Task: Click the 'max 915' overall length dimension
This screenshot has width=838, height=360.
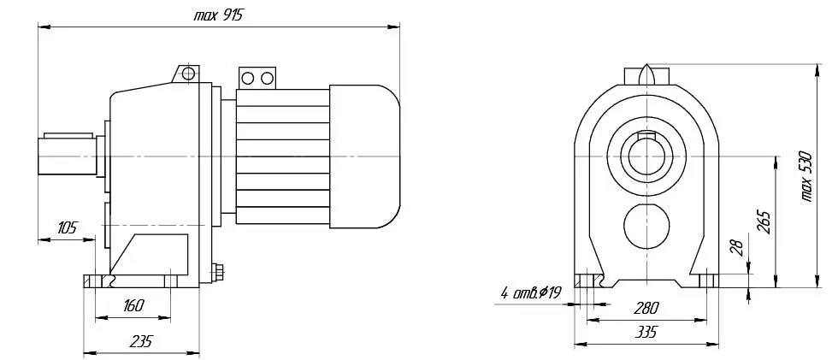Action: pyautogui.click(x=218, y=15)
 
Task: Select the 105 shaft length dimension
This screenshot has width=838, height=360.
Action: pyautogui.click(x=67, y=227)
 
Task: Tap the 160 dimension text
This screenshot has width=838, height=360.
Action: pyautogui.click(x=133, y=305)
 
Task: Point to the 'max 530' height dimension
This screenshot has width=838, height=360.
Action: pyautogui.click(x=807, y=177)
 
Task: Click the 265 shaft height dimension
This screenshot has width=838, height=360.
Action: pyautogui.click(x=764, y=221)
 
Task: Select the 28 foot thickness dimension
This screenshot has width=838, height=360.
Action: pyautogui.click(x=737, y=247)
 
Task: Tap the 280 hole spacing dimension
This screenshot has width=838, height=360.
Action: pyautogui.click(x=646, y=308)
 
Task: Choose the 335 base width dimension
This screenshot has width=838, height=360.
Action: pyautogui.click(x=646, y=333)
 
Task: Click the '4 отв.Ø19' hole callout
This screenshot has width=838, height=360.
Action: pyautogui.click(x=531, y=292)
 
